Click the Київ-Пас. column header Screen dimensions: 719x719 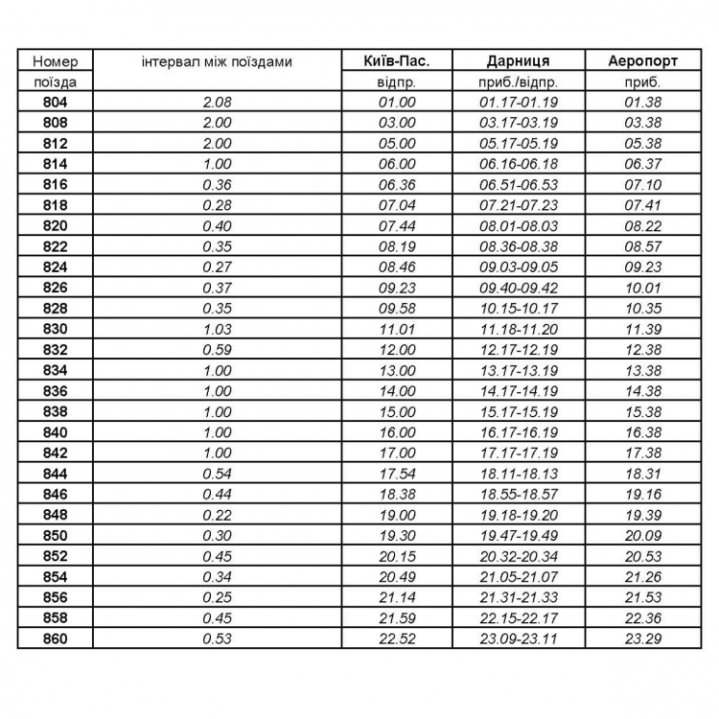coord(397,61)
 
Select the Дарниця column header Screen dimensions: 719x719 coord(518,61)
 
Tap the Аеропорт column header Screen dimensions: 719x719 coord(642,61)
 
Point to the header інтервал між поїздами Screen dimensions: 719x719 coord(217,62)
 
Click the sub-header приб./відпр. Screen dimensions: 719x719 coord(518,82)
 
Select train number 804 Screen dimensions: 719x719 coord(56,102)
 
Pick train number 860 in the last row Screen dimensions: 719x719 coord(56,638)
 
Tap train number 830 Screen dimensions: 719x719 coord(56,329)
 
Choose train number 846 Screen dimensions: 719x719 coord(56,494)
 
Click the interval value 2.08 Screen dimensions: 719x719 coord(218,102)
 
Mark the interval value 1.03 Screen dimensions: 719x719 coord(218,329)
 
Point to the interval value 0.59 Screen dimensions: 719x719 coord(218,350)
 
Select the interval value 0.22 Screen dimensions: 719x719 coord(218,515)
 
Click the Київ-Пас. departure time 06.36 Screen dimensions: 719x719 coord(397,185)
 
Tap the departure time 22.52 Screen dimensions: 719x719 coord(397,638)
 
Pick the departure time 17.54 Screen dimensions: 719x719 coord(397,474)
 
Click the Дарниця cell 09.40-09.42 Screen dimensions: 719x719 coord(518,288)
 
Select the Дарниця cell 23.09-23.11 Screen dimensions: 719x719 coord(518,638)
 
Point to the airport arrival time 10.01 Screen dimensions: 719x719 coord(642,288)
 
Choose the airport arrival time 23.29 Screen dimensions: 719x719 coord(642,638)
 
